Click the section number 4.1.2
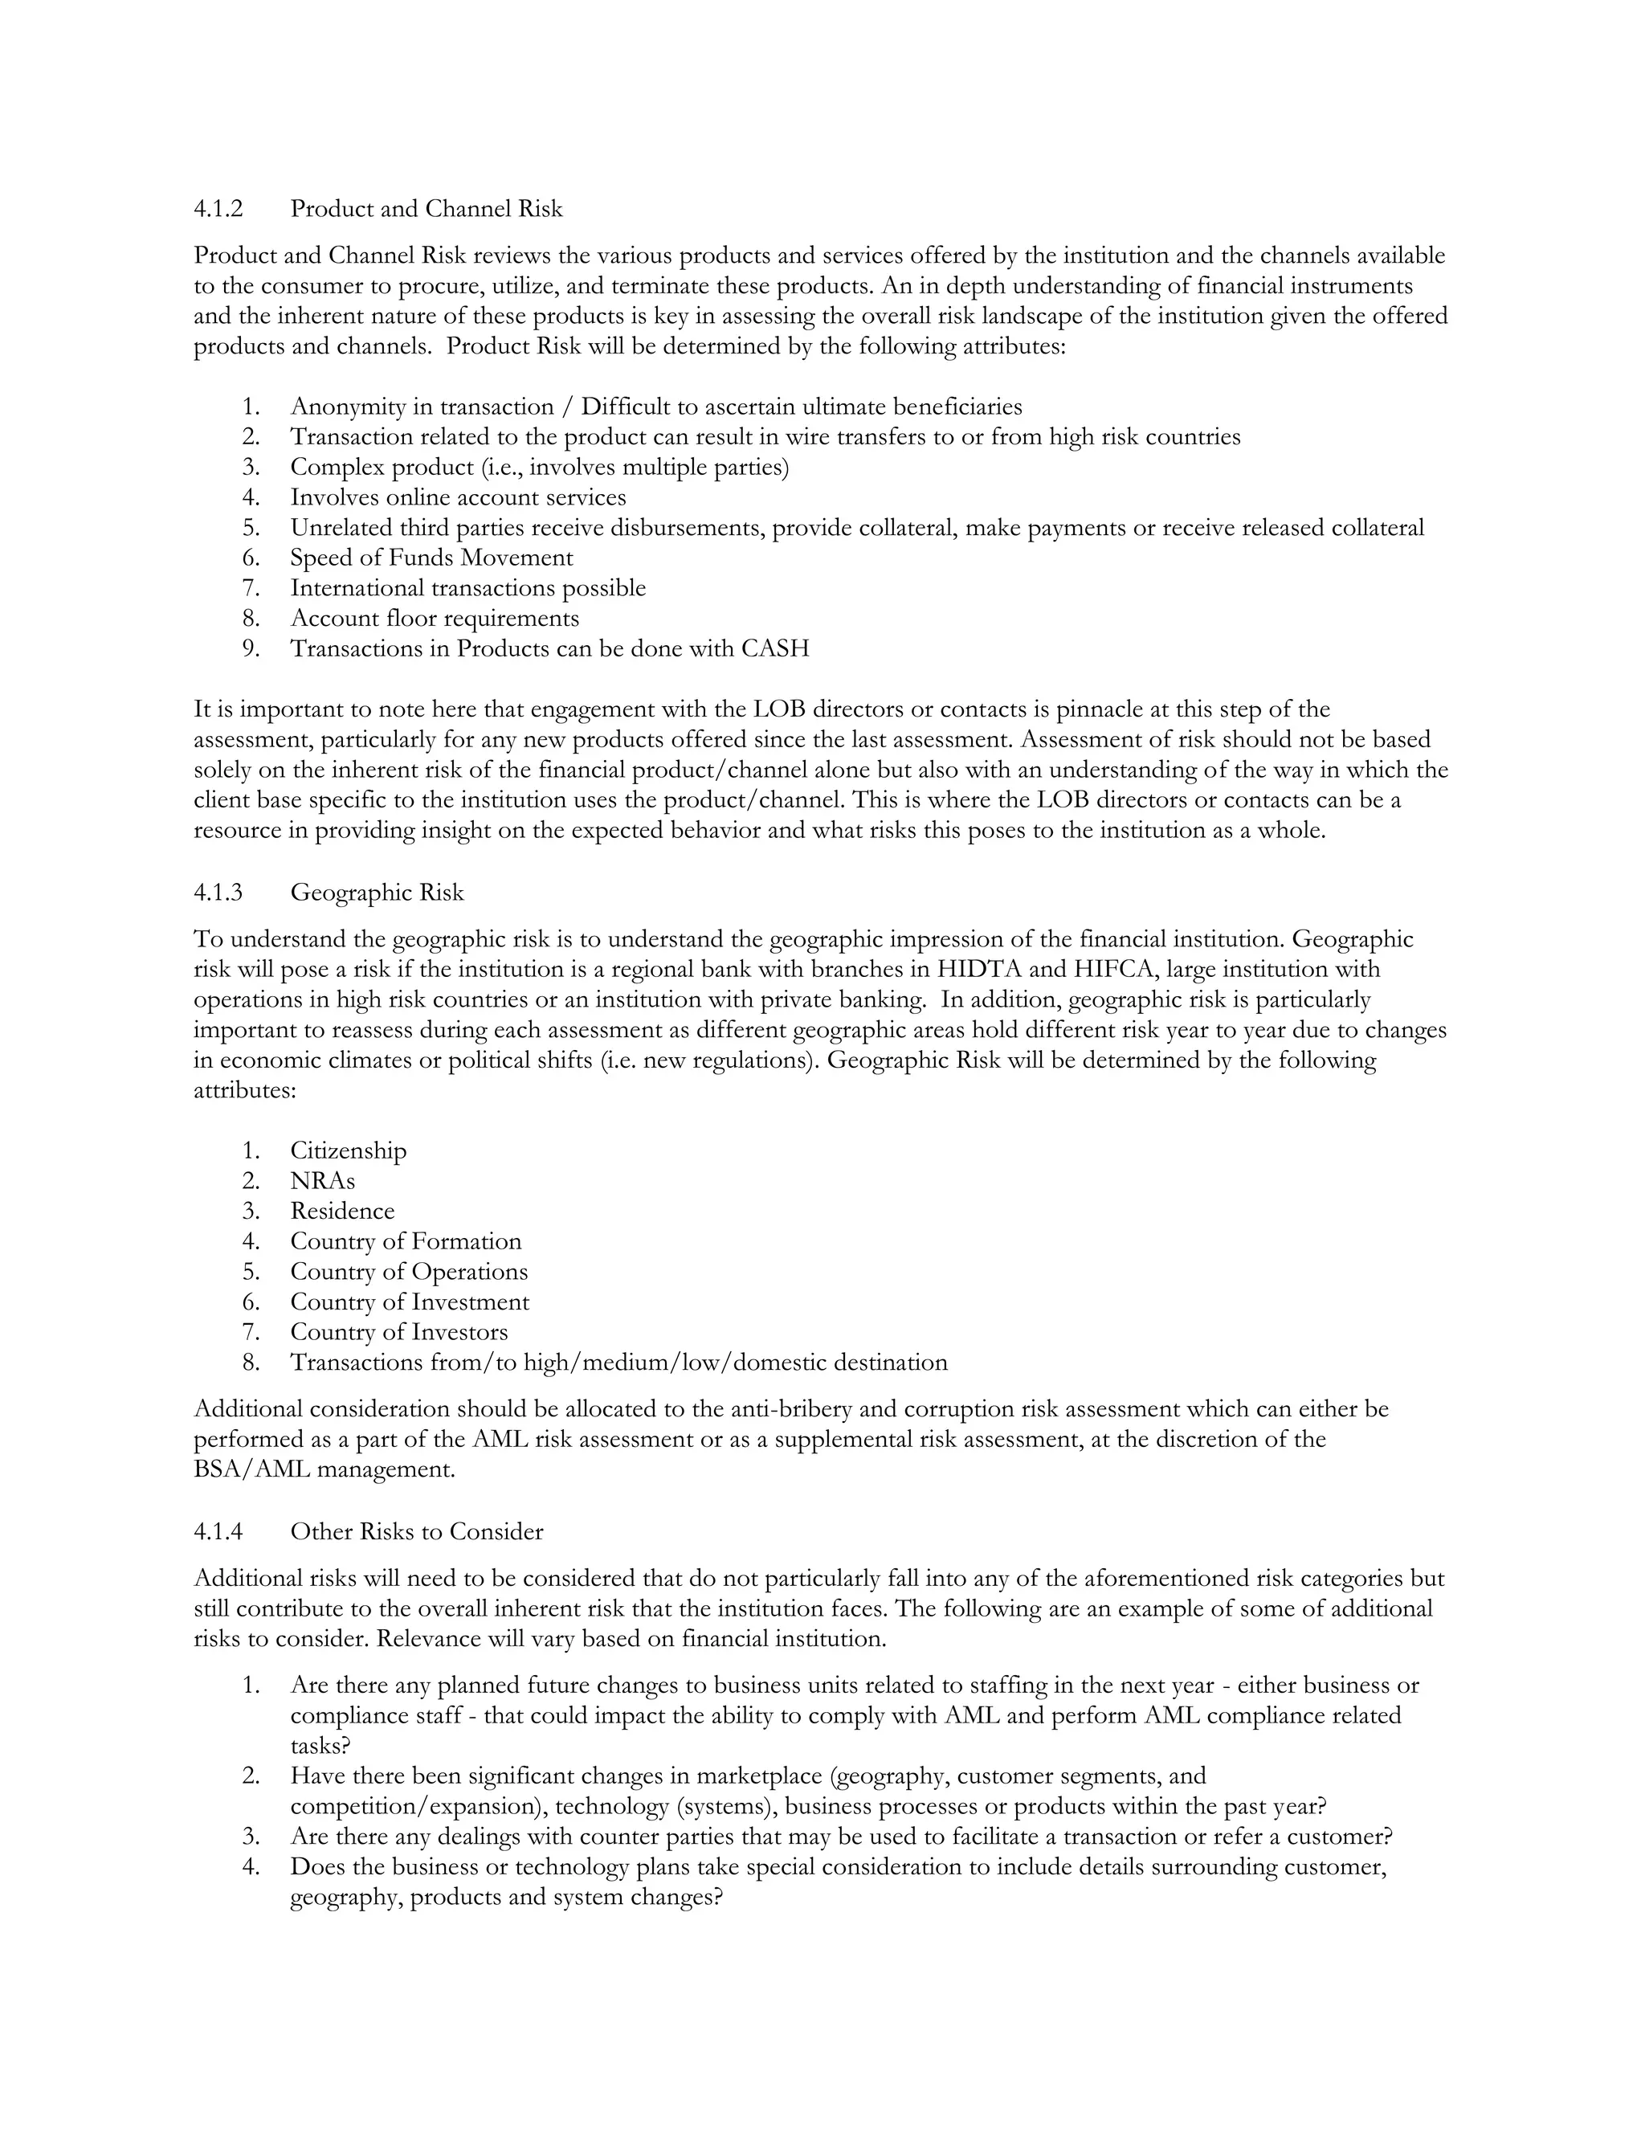point(218,209)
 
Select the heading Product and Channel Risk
point(426,209)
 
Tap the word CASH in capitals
point(775,648)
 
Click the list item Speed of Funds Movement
point(431,558)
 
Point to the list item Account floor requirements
point(434,618)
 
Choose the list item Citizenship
point(348,1150)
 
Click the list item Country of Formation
point(406,1241)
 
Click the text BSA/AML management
point(324,1469)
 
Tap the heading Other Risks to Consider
point(416,1531)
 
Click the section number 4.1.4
point(218,1531)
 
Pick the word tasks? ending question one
point(320,1745)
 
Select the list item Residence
point(342,1211)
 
